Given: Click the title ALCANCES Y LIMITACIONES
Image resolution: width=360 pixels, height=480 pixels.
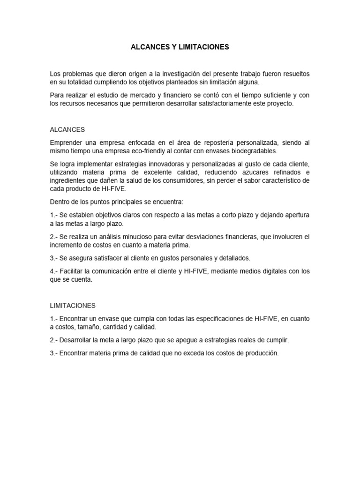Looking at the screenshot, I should (x=180, y=47).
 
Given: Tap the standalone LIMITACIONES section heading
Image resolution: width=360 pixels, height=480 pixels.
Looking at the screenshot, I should (x=73, y=306).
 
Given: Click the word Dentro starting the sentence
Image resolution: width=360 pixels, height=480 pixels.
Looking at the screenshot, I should (x=60, y=202).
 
